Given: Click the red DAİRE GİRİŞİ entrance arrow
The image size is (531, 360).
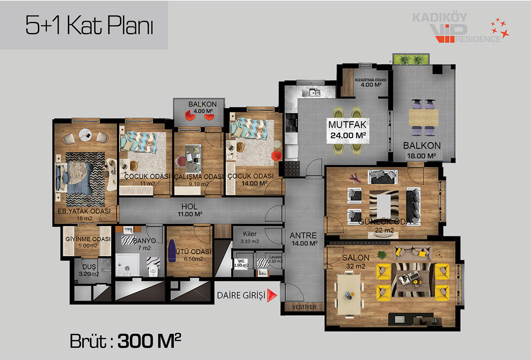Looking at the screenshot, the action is point(272,295).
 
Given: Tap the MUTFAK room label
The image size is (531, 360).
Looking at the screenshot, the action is point(347,125).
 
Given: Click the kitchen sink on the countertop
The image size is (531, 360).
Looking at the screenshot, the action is point(311,92).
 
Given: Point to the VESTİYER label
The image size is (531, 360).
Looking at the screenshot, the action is point(304,307).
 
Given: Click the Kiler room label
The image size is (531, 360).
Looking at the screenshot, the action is point(250,234).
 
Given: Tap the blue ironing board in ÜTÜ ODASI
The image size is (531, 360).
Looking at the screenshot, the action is point(172,251).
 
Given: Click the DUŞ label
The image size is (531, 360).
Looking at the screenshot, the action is point(89,266).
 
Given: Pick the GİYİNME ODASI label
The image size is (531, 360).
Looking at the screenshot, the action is point(88,239).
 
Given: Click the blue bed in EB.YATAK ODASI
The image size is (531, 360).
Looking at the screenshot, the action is point(75,178).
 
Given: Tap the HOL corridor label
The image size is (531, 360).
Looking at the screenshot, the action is point(189,206).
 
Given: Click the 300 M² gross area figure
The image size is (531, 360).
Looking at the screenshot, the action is point(149,341).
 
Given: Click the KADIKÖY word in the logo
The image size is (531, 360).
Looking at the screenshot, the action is point(440,17).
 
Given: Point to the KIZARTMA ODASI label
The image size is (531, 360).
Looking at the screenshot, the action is point(370,80).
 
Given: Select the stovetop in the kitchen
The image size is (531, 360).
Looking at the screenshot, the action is point(291,122).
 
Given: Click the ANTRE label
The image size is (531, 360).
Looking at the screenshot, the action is point(303,235).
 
